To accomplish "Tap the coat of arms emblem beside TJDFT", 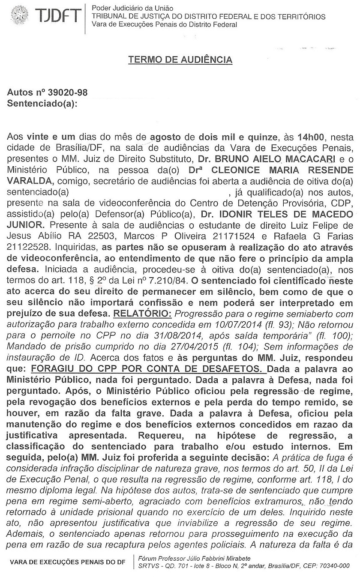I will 18,16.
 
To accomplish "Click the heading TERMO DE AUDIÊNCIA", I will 180,60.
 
